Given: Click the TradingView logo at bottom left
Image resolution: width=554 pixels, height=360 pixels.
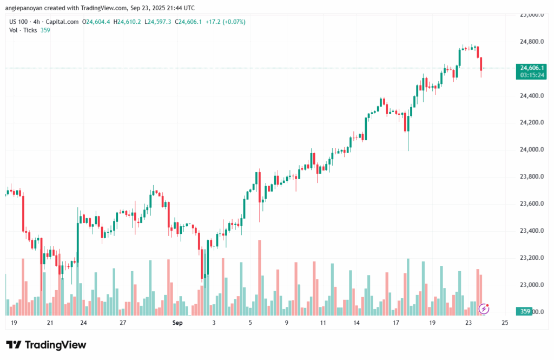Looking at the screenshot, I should pos(46,345).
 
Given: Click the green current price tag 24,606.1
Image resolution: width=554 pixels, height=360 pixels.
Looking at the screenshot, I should pos(530,68).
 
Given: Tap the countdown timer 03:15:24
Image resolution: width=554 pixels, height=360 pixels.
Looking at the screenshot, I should pos(530,75).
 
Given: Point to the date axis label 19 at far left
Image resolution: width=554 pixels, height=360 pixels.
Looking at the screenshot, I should pos(14,323).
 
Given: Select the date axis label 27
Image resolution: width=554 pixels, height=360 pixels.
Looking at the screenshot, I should pos(123,323).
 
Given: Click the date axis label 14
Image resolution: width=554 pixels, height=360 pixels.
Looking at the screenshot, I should pos(357,323).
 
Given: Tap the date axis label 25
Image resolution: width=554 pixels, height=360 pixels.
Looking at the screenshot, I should pos(505,323).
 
